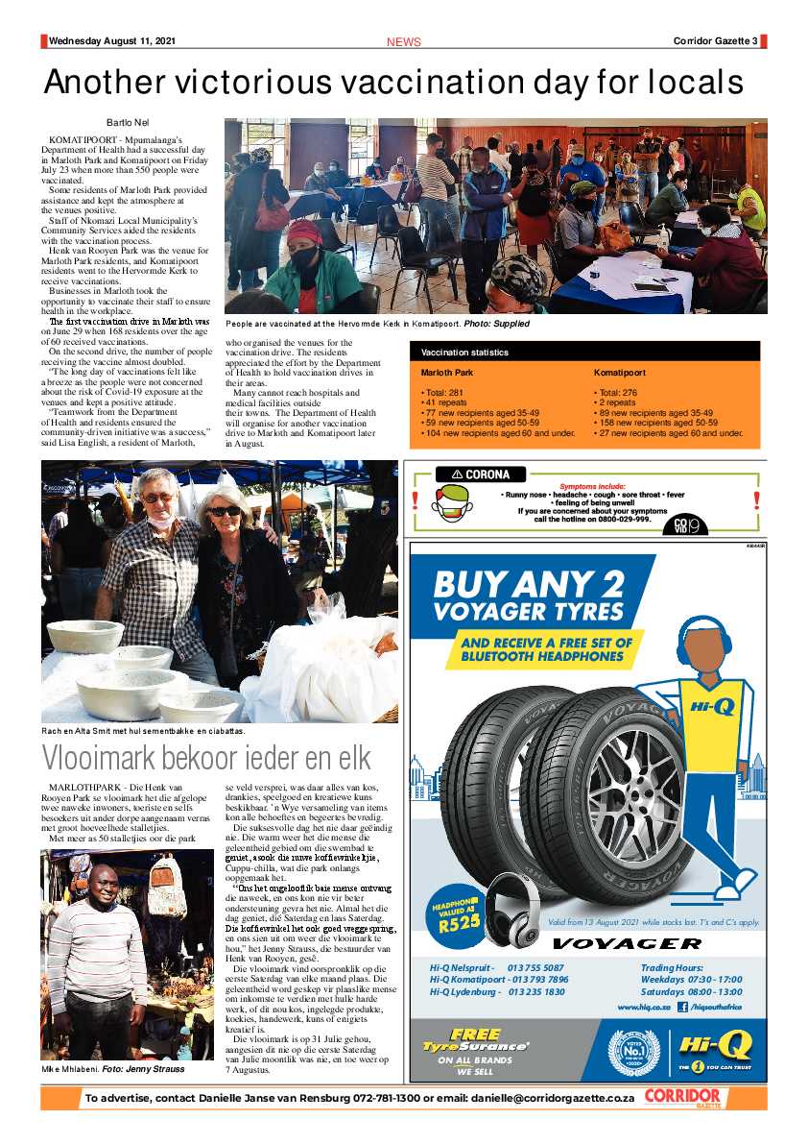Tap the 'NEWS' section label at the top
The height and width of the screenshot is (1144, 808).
pyautogui.click(x=403, y=42)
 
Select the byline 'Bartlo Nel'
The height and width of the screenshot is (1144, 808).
pyautogui.click(x=128, y=123)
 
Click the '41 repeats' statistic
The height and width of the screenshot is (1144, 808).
pyautogui.click(x=442, y=402)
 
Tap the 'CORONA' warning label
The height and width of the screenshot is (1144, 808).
pyautogui.click(x=480, y=475)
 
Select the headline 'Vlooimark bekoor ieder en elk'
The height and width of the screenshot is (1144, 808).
pyautogui.click(x=206, y=758)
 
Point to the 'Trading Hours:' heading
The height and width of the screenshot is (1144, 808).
pyautogui.click(x=672, y=967)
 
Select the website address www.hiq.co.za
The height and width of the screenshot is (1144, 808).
pyautogui.click(x=644, y=1007)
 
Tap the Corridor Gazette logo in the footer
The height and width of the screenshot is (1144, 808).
pyautogui.click(x=681, y=1098)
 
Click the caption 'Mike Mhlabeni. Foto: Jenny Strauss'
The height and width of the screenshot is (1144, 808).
pyautogui.click(x=113, y=1068)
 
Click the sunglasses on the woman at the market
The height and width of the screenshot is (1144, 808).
pyautogui.click(x=226, y=511)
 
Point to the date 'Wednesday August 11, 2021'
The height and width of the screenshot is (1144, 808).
pyautogui.click(x=112, y=41)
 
